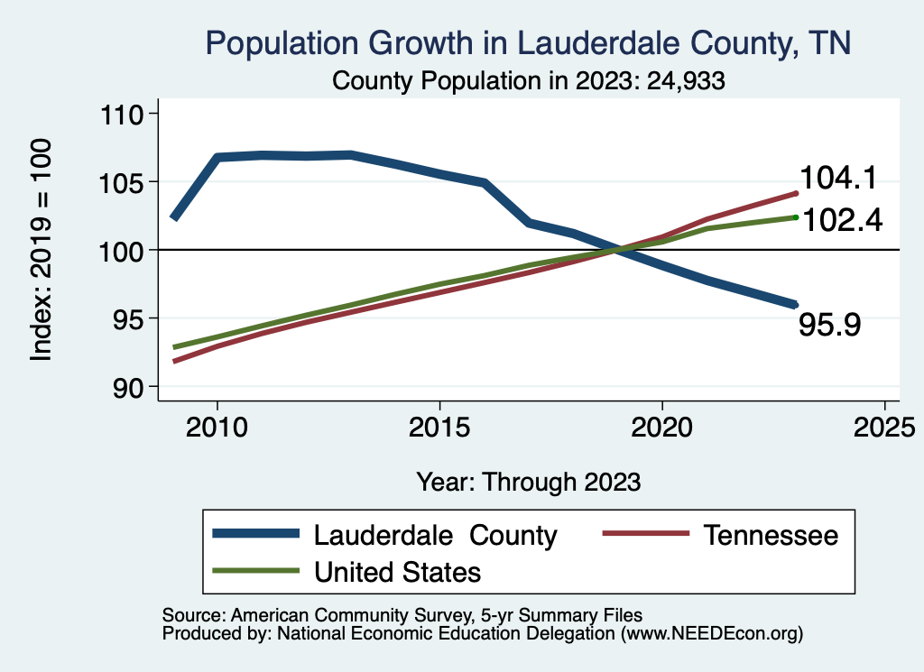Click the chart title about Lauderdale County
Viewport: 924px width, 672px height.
click(x=529, y=42)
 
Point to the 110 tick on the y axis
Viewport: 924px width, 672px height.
click(x=123, y=114)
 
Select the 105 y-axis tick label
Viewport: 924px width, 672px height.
click(x=123, y=182)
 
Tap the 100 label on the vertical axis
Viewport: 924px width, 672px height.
click(x=123, y=250)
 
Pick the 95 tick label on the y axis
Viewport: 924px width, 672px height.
click(x=128, y=318)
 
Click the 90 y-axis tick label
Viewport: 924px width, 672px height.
click(x=128, y=386)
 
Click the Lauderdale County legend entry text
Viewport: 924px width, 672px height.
click(x=435, y=535)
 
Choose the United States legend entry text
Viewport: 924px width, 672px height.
click(x=397, y=572)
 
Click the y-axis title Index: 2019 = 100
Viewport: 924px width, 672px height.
click(x=42, y=251)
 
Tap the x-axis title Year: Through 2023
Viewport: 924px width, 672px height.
click(x=529, y=482)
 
